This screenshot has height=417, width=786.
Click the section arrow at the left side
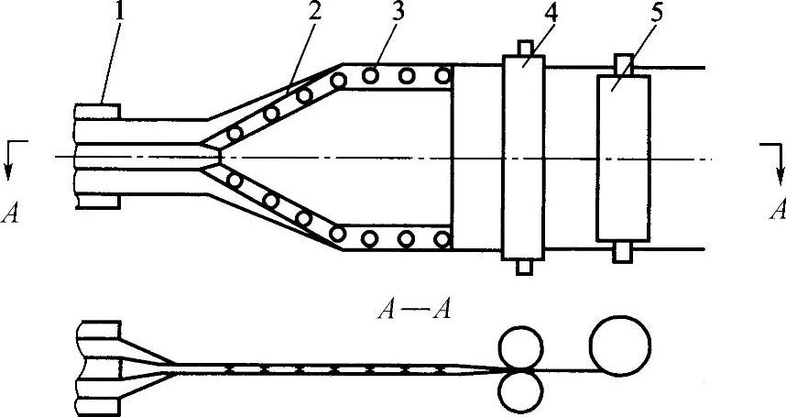pos(11,159)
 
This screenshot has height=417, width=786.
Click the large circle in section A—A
pos(620,345)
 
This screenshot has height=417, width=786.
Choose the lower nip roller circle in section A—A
pos(519,390)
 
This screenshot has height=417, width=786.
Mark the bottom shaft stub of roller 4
pos(524,267)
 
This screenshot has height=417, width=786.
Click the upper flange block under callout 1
pos(98,112)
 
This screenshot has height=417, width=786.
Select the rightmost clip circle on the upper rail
pos(443,75)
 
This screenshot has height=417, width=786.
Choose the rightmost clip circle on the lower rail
pos(443,239)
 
